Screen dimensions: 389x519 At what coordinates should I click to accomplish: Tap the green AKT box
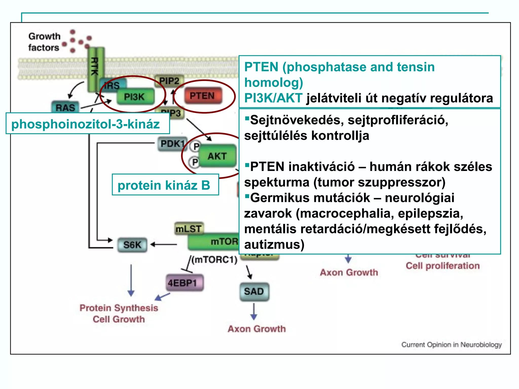tap(217, 156)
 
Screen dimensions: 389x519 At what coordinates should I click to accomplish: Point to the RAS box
tap(65, 107)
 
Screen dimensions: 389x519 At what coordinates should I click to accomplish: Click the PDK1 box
tap(172, 144)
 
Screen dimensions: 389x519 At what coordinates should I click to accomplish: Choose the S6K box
tap(132, 245)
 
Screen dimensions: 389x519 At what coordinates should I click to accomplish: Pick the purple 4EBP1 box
tap(185, 283)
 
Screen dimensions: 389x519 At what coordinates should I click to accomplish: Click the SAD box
tap(254, 291)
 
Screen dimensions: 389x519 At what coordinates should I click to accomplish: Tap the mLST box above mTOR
tap(189, 229)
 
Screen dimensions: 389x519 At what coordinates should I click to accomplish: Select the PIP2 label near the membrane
tap(169, 81)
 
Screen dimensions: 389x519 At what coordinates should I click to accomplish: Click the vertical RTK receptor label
tap(95, 66)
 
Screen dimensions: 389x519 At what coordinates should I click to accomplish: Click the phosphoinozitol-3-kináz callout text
tap(86, 124)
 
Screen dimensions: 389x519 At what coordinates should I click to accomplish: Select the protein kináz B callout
tap(164, 185)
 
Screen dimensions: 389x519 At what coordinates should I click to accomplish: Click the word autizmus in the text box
tap(274, 244)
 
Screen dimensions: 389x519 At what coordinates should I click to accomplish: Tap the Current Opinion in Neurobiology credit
tap(451, 345)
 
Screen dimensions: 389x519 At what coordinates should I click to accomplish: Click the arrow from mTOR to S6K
tap(164, 245)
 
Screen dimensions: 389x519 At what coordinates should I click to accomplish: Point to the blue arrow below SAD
tap(254, 311)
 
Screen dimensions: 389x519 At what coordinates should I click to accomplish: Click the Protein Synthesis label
tap(119, 308)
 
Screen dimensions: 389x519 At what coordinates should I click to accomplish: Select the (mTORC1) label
tap(214, 260)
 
